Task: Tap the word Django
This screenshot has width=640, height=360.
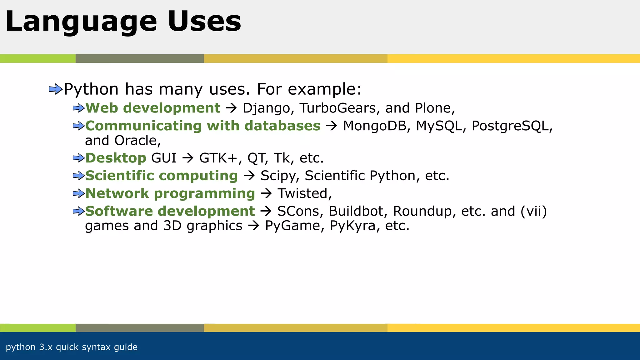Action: [267, 108]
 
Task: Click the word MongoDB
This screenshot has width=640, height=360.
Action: [374, 126]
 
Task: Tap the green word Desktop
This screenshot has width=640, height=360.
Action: [116, 158]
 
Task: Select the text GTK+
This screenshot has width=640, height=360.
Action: [218, 158]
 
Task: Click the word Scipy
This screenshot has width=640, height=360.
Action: [277, 176]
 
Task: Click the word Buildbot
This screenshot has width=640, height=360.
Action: [356, 211]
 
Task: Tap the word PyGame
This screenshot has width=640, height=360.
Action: [292, 226]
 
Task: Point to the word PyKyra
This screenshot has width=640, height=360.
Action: [352, 226]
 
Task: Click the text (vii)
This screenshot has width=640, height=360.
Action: [534, 211]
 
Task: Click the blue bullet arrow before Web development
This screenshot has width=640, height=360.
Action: [78, 108]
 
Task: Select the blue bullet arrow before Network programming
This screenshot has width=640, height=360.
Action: [78, 194]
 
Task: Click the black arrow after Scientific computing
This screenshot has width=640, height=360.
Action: [249, 176]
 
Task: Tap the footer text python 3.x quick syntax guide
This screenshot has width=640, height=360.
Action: [72, 347]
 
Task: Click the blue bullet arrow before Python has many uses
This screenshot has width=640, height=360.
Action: [56, 90]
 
